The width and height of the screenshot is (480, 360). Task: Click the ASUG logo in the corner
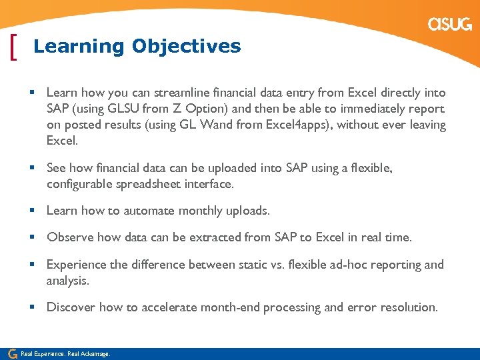450,25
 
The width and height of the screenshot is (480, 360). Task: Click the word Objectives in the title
186,46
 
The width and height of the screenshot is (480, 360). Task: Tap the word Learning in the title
79,46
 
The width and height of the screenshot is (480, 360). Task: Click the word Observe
70,237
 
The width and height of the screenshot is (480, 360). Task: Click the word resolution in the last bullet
409,307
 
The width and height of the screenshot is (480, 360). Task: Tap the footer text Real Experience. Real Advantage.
65,354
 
